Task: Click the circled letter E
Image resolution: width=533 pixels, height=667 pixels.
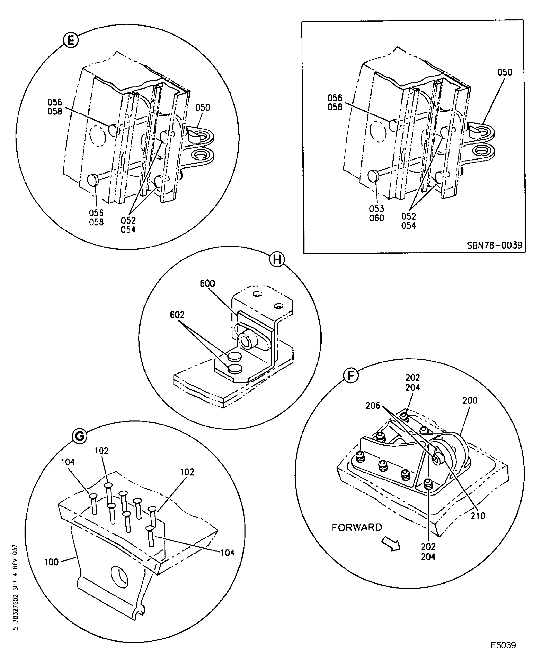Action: point(71,40)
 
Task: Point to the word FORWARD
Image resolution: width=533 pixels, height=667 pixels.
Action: point(357,527)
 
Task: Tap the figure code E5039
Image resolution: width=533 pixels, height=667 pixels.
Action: point(503,651)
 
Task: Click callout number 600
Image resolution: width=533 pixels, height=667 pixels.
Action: point(207,283)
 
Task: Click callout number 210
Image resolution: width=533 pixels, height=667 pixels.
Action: point(478,516)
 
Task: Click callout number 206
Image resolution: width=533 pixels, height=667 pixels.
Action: point(373,406)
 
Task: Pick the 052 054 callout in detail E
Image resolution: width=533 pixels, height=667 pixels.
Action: point(128,225)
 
